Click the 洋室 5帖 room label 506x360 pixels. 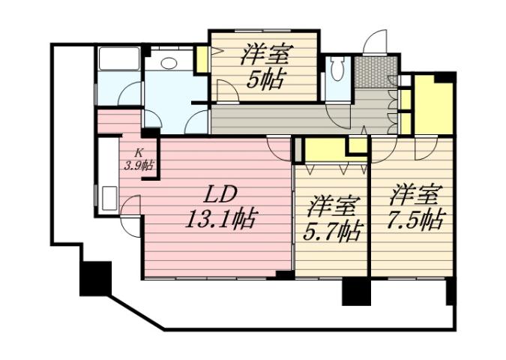[x=264, y=67]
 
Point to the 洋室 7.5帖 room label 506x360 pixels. [x=415, y=208]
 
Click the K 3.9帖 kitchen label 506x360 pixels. [x=139, y=160]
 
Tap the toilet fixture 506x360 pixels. [x=337, y=73]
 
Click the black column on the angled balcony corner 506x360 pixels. [x=95, y=278]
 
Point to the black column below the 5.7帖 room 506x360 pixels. [x=355, y=291]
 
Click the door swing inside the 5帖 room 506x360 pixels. [x=223, y=91]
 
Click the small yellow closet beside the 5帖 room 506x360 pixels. [x=202, y=60]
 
